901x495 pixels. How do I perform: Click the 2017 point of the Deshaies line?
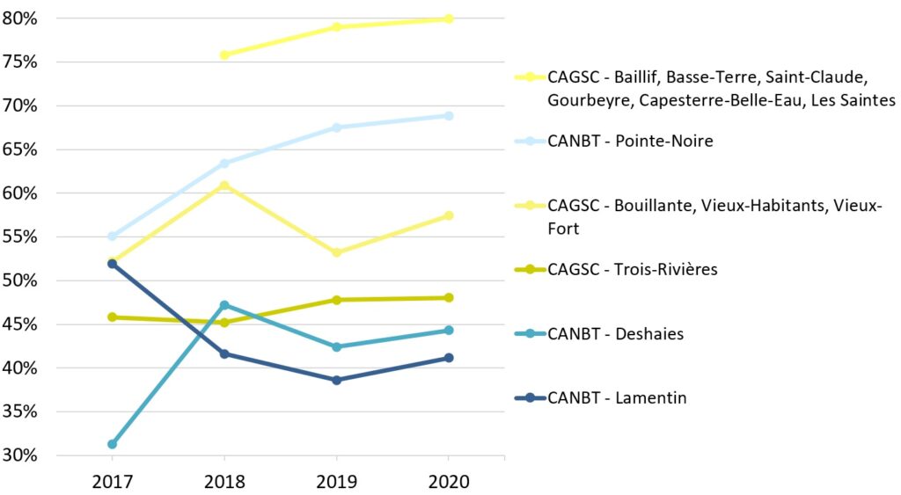click(x=113, y=444)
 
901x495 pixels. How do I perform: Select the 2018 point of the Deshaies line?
click(x=224, y=305)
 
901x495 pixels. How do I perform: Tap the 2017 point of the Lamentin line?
click(x=113, y=264)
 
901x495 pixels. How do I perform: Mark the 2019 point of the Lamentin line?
click(x=336, y=380)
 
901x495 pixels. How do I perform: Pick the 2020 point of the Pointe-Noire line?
click(x=449, y=115)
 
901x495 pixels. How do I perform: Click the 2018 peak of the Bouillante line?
click(x=224, y=186)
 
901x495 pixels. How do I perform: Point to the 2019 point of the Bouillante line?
click(x=336, y=252)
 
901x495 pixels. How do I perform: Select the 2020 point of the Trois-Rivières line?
click(x=449, y=297)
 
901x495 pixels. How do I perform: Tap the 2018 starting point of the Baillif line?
click(x=224, y=55)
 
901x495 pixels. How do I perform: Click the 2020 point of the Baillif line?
click(x=449, y=18)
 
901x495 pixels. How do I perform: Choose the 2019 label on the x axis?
click(x=336, y=482)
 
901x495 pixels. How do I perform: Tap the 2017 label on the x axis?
click(x=113, y=482)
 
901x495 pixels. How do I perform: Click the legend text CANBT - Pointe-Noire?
click(x=630, y=141)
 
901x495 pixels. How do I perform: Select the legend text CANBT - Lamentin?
click(x=617, y=398)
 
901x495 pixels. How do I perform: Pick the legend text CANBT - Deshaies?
click(x=615, y=334)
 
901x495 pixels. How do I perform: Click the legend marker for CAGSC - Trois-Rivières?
click(x=530, y=269)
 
